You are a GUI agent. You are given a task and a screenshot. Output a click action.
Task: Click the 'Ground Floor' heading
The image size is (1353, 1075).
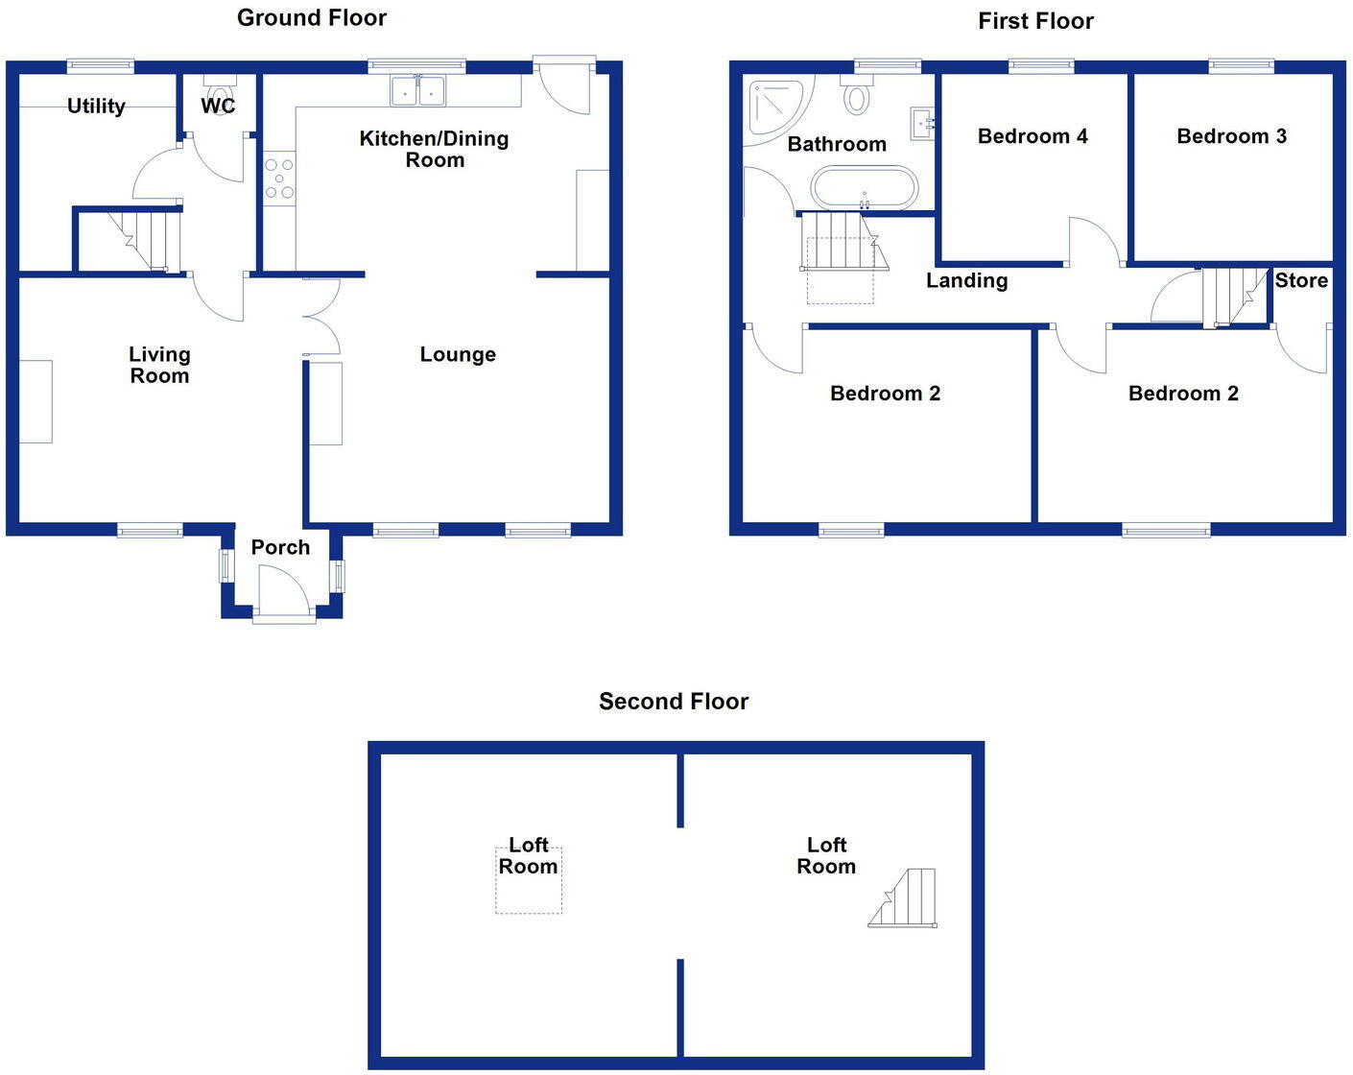[312, 17]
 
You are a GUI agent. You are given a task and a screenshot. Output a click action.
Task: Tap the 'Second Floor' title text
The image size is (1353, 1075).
[674, 702]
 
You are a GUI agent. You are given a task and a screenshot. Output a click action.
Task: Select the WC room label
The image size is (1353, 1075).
[218, 106]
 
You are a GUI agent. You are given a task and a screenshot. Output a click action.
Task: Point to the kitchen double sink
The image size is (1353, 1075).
[419, 91]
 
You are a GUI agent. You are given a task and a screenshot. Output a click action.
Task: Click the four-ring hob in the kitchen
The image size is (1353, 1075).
[279, 179]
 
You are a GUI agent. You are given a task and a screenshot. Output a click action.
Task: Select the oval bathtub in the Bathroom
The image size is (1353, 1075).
[865, 187]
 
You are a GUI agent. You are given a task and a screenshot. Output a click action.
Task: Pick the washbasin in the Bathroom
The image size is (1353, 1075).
[922, 124]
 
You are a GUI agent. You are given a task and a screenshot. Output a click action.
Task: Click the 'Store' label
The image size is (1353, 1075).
[1301, 280]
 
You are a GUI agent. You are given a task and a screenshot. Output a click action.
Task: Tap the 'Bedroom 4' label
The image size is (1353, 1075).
[1033, 136]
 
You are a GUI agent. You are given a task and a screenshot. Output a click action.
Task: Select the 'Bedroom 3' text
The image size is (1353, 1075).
[1231, 136]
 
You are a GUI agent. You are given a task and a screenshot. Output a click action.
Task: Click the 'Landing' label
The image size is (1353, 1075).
[966, 280]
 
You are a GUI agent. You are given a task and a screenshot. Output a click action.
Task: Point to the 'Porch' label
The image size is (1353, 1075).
[280, 547]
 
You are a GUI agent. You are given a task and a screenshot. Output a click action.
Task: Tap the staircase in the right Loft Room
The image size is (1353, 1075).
[905, 899]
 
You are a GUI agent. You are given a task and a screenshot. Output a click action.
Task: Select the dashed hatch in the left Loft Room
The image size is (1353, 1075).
[528, 880]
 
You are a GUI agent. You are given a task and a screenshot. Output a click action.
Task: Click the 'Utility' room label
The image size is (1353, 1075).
[96, 106]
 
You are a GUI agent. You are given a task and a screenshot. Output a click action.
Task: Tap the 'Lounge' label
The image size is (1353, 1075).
[458, 354]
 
